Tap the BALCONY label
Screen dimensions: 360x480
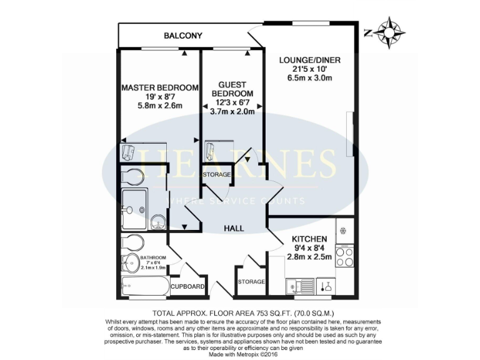182,36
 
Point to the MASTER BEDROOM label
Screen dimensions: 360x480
160,87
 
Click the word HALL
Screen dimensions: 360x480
234,229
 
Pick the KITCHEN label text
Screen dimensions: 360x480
309,239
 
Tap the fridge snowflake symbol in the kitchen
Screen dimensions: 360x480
342,230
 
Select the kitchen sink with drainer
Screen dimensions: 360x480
299,287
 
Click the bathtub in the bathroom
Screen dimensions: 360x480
144,287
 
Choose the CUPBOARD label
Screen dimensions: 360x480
188,287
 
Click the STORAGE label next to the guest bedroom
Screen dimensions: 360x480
216,174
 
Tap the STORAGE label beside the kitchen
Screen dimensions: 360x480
251,282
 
